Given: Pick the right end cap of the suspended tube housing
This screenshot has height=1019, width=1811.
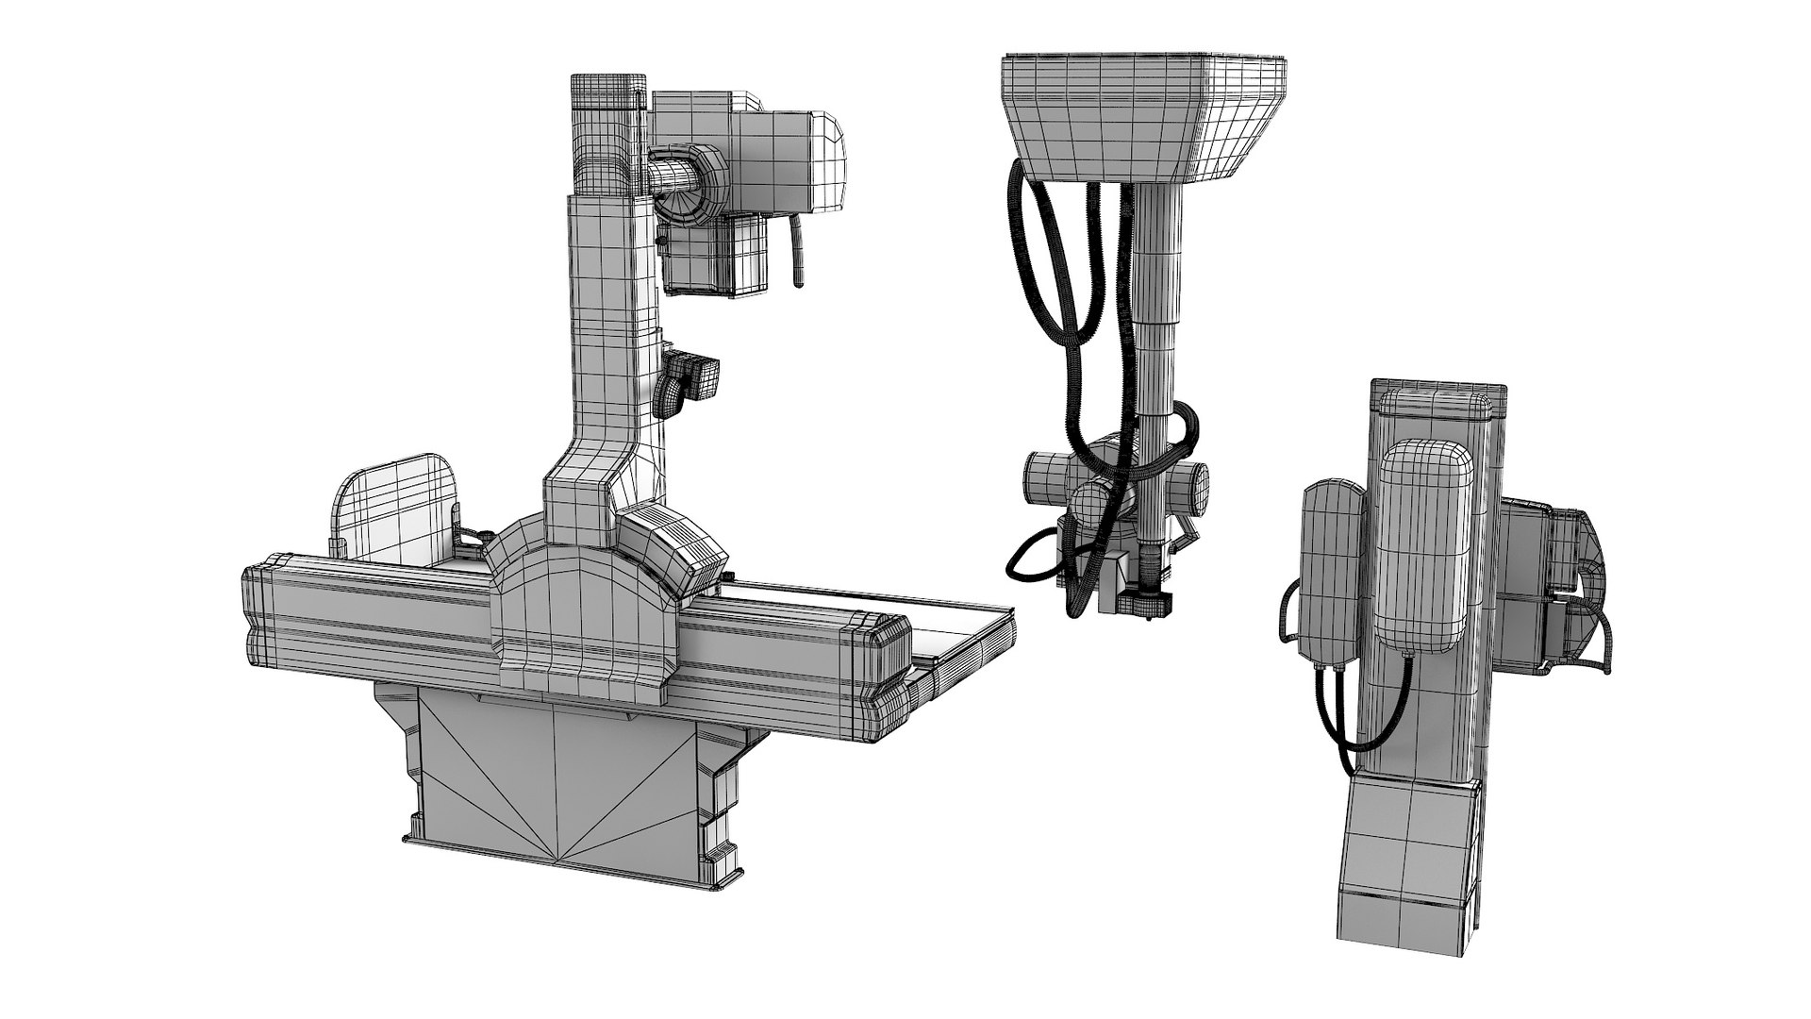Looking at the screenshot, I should tap(1197, 487).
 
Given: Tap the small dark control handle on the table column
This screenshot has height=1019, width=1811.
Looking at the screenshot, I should tap(694, 377).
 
